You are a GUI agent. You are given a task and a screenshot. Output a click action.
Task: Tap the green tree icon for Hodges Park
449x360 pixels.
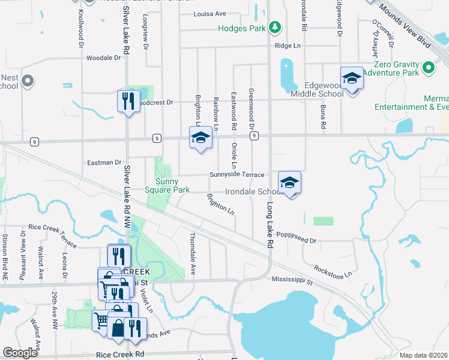[x=275, y=27]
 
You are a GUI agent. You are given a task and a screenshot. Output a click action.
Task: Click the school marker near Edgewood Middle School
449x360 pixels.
[x=352, y=79]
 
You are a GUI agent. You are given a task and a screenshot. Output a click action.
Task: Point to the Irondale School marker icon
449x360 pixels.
[x=289, y=182]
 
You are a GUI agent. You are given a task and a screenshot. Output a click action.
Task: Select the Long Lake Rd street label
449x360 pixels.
[x=270, y=225]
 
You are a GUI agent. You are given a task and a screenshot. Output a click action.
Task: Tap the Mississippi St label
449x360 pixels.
[x=292, y=280]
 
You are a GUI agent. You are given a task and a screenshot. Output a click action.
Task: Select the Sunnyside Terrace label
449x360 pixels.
[x=237, y=175]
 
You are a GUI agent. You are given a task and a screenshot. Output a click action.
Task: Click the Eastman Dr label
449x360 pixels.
[x=104, y=162]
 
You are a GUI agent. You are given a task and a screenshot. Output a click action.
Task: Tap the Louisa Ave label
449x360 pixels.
[x=209, y=13]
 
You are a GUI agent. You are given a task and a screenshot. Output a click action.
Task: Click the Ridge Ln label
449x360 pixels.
[x=288, y=46]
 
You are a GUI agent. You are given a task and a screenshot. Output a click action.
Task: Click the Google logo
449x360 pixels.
[x=20, y=353]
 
